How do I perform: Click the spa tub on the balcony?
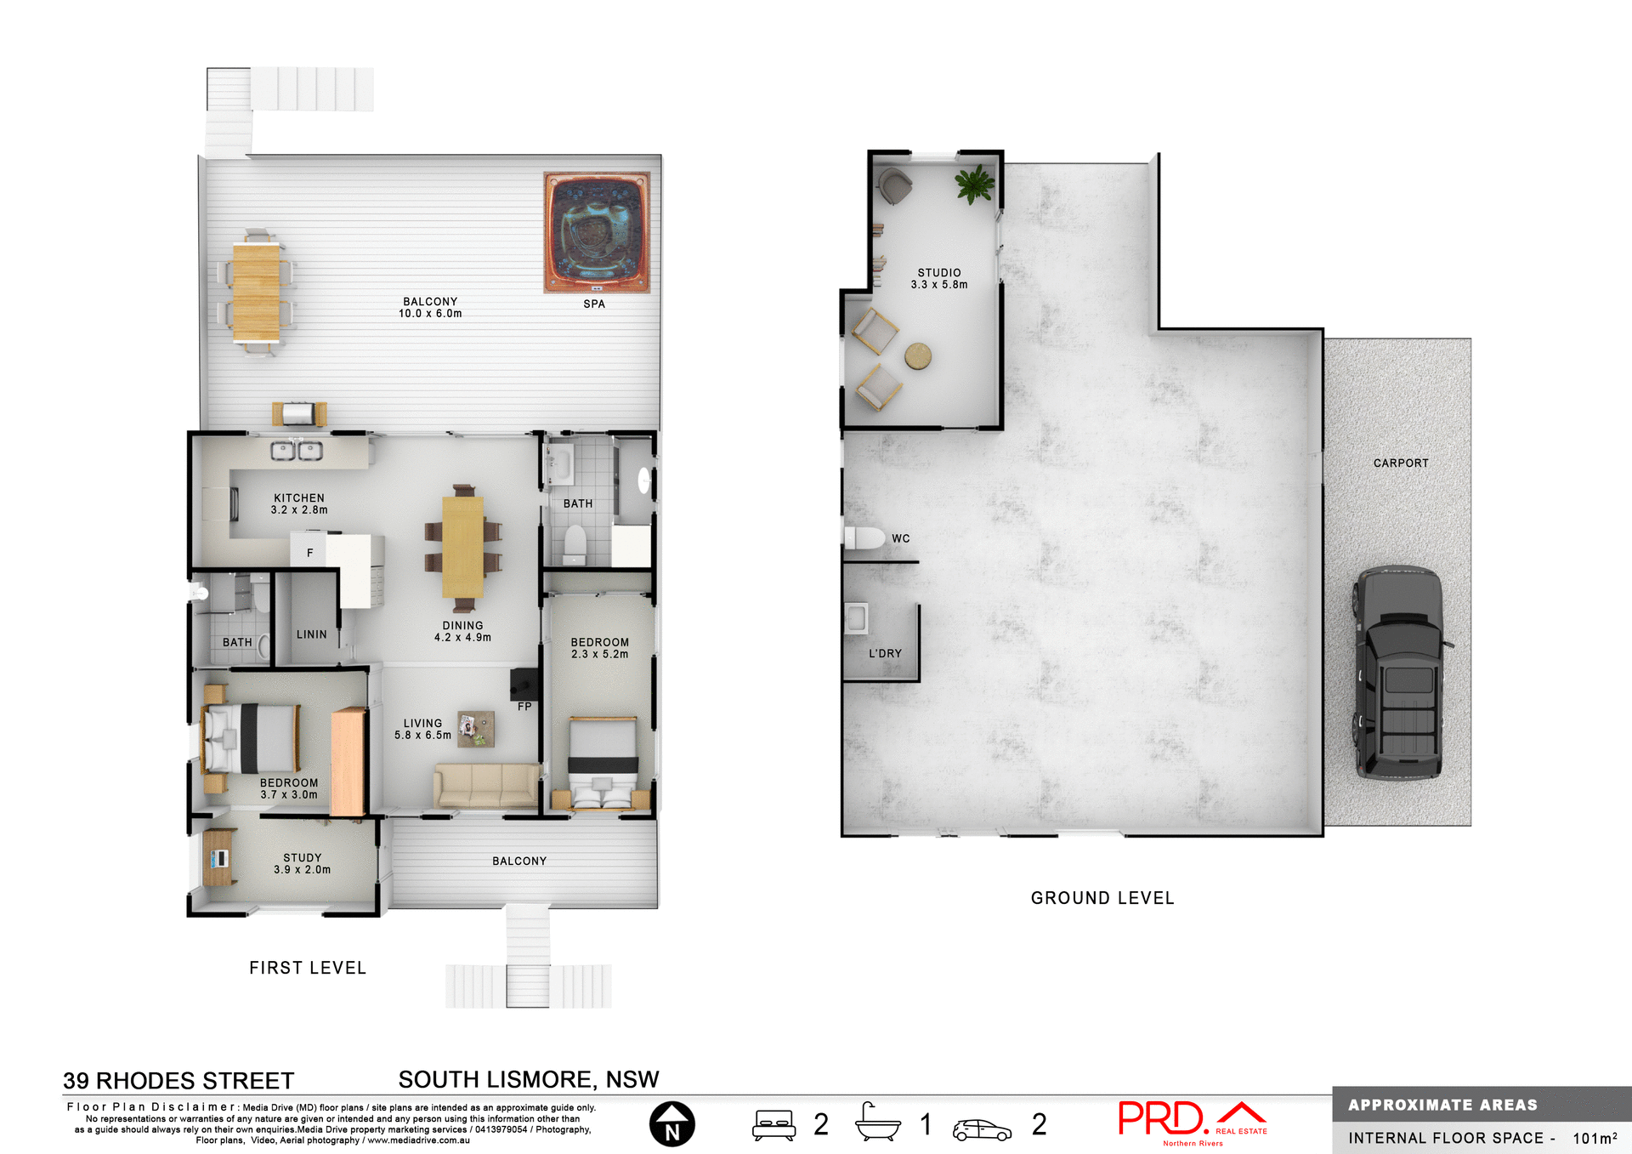tap(597, 232)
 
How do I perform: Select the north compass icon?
tap(671, 1123)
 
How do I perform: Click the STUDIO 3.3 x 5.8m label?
tap(938, 279)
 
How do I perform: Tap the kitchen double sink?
tap(297, 451)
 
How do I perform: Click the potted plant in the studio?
tap(974, 184)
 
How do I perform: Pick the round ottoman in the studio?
tap(918, 355)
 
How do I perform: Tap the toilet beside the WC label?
tap(864, 537)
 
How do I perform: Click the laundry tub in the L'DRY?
tap(856, 618)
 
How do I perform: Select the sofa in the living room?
tap(486, 784)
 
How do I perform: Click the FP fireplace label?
tap(524, 706)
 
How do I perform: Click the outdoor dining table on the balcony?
tap(256, 292)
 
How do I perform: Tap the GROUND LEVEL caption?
tap(1102, 898)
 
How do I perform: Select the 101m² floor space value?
tap(1594, 1138)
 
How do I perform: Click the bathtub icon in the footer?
tap(877, 1123)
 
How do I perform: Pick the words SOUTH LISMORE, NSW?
tap(528, 1079)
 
